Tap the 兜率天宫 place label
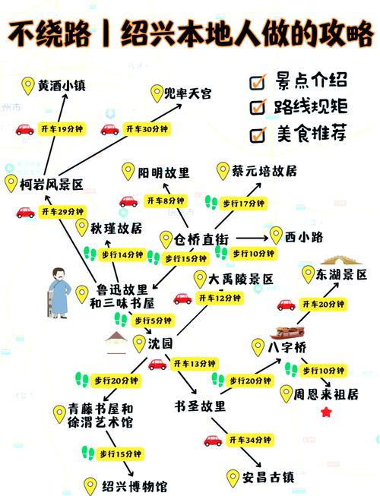pos(188,93)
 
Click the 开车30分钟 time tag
pos(147,129)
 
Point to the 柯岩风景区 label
pos(51,183)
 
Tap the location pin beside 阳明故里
pos(127,172)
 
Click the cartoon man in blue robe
pos(58,292)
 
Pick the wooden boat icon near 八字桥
pos(290,330)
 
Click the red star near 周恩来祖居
pos(327,412)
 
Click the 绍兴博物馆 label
pos(135,486)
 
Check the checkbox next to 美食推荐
pos(258,134)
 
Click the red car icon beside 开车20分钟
pos(286,304)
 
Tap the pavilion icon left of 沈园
pos(116,342)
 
